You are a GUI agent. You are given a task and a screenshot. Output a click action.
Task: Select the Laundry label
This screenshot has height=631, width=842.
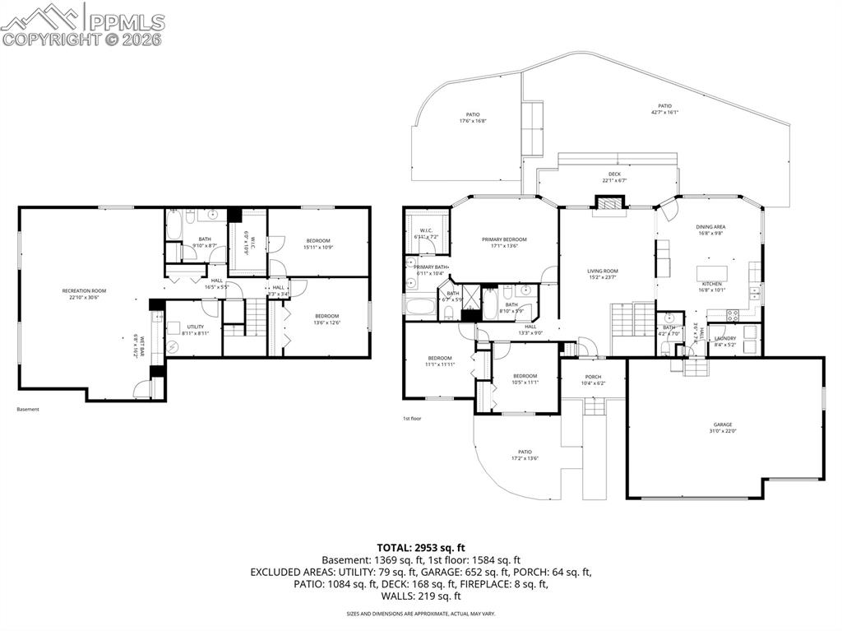click(724, 338)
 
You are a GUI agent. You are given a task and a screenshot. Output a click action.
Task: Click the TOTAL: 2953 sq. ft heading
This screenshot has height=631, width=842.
click(421, 547)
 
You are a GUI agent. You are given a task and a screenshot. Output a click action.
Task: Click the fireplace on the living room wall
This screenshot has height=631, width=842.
click(609, 202)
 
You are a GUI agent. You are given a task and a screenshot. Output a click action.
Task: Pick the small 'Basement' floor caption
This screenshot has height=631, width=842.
click(28, 409)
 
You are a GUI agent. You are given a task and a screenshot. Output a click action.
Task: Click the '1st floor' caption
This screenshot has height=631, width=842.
click(412, 419)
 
